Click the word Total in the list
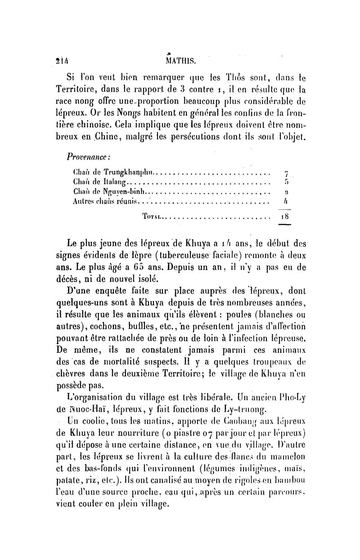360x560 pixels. (150, 216)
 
